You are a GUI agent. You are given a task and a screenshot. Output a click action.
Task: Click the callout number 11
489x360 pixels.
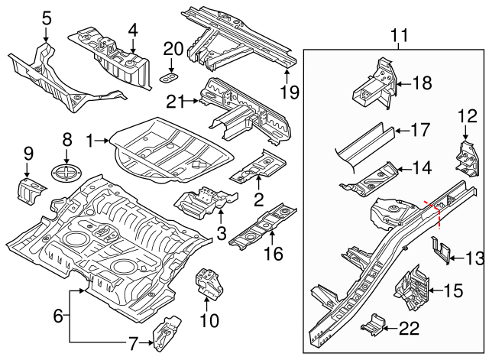tap(399, 34)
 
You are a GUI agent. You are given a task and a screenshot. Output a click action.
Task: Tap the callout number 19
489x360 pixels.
tap(287, 94)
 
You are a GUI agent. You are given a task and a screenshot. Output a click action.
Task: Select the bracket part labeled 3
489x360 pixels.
tap(200, 201)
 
